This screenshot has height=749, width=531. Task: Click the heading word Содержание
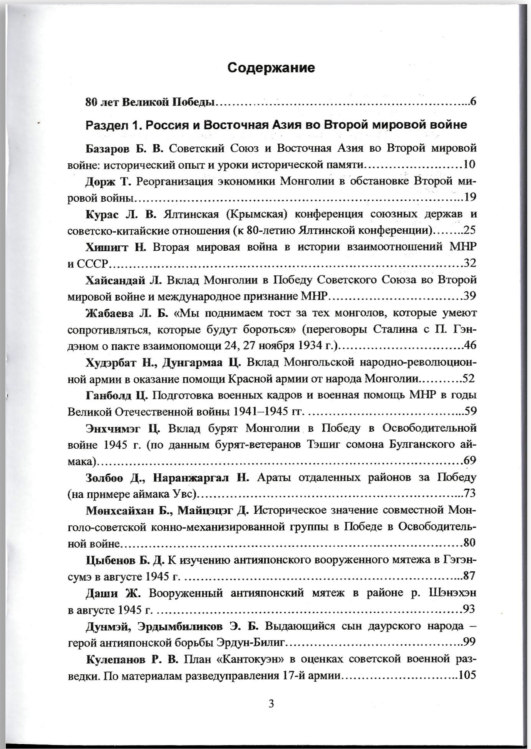point(271,68)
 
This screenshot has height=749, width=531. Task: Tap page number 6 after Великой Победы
point(473,102)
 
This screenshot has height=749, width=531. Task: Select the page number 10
point(469,165)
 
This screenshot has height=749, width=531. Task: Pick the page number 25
point(470,230)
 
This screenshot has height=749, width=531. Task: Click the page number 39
point(470,296)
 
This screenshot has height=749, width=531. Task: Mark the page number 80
point(469,543)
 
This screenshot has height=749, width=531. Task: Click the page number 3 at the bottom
point(271,704)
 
